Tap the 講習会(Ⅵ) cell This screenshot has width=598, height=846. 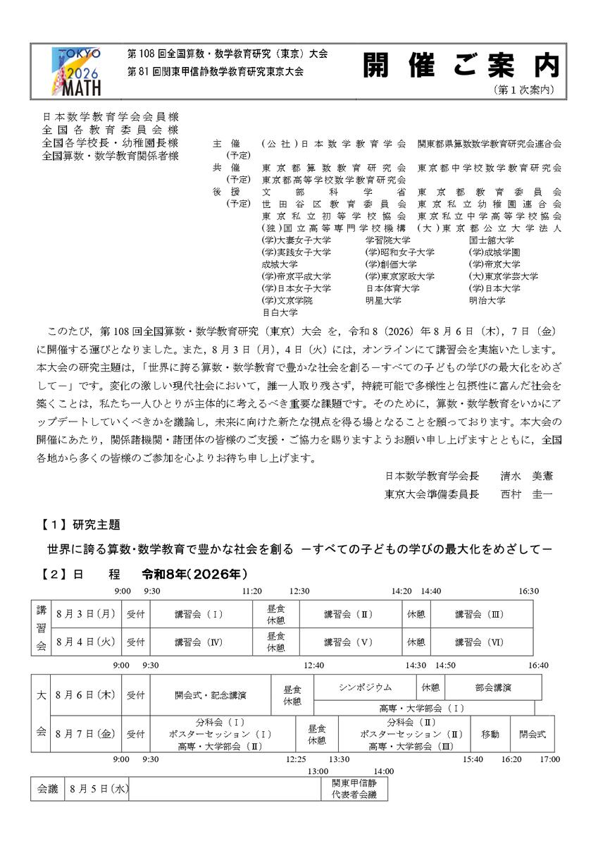point(479,642)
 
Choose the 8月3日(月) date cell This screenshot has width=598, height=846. point(85,614)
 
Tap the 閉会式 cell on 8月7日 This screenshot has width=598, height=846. point(532,734)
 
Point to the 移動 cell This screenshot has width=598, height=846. point(490,734)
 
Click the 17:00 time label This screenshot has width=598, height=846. point(549,759)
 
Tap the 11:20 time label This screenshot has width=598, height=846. point(252,591)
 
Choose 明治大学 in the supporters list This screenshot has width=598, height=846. point(487,300)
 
